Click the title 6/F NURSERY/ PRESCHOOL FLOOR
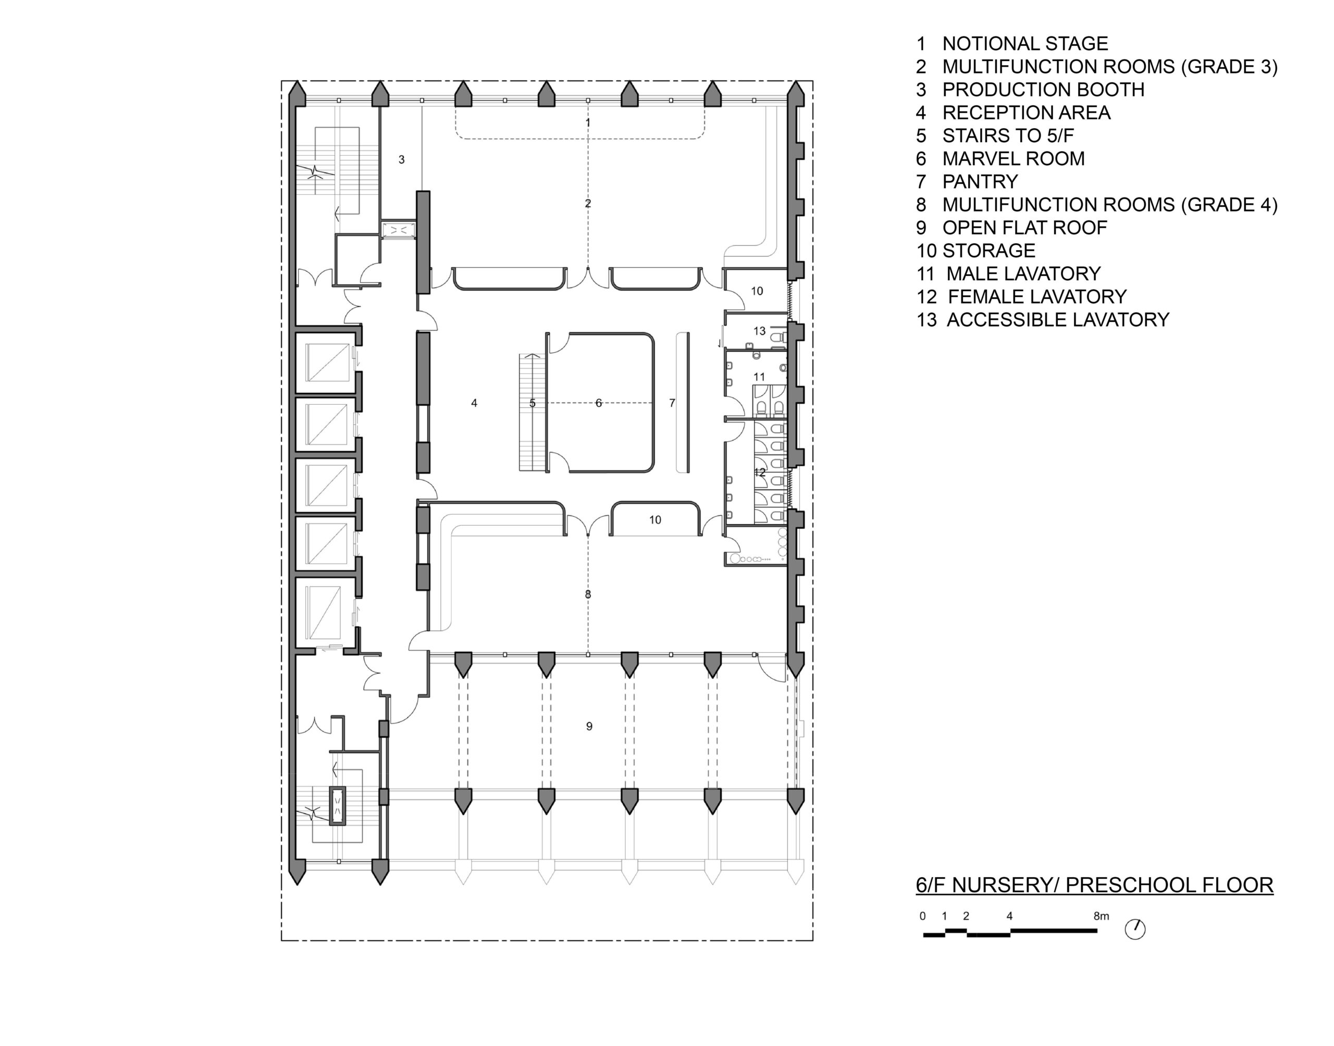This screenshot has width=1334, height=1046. (1094, 885)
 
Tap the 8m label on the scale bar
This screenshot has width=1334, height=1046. (1101, 916)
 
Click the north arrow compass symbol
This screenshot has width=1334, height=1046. (1135, 930)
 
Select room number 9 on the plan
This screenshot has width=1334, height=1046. (589, 726)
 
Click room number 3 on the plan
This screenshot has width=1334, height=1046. (401, 160)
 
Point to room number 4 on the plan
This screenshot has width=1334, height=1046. (474, 403)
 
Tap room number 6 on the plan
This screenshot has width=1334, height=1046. (598, 403)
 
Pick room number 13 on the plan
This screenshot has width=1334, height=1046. (759, 331)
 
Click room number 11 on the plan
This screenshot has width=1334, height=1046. (759, 377)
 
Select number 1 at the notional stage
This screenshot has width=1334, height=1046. (588, 123)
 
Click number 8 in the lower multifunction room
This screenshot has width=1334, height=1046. (588, 595)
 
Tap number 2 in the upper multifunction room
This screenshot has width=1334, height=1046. (588, 204)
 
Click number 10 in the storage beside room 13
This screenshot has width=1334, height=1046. (757, 292)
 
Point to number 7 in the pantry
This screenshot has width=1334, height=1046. (672, 403)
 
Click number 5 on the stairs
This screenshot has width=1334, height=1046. (532, 403)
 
